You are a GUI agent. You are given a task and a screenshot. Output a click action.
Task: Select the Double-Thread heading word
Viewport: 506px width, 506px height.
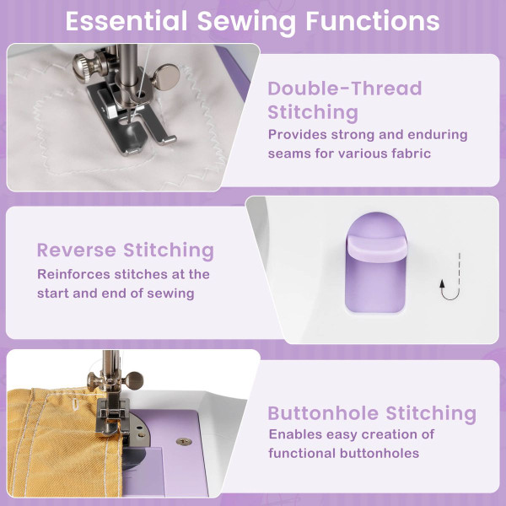pyautogui.click(x=345, y=89)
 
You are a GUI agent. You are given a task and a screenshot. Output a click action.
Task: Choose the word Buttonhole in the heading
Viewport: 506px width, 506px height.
pyautogui.click(x=323, y=413)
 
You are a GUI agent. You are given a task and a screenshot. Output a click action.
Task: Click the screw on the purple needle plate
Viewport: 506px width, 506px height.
pyautogui.click(x=180, y=439)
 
